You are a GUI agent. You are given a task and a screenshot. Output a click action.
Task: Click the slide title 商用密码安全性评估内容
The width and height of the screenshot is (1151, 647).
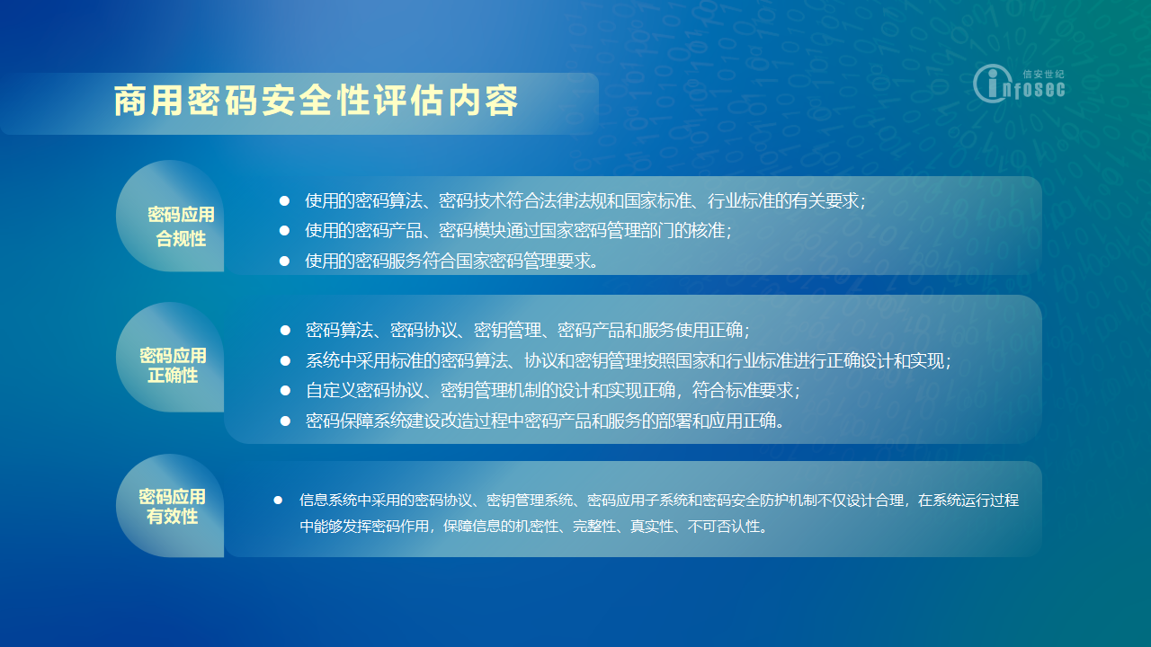pyautogui.click(x=316, y=101)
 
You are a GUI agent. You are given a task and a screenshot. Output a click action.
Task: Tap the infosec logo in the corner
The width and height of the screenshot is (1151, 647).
pyautogui.click(x=1019, y=84)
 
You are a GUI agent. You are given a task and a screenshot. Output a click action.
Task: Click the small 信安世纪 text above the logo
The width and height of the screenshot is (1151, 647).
pyautogui.click(x=1043, y=75)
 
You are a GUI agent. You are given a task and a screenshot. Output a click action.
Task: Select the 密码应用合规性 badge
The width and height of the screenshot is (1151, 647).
pyautogui.click(x=170, y=217)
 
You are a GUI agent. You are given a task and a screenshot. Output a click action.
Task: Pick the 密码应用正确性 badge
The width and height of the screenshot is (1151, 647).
pyautogui.click(x=170, y=358)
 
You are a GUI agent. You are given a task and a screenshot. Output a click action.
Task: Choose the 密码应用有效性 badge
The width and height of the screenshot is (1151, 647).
pyautogui.click(x=170, y=506)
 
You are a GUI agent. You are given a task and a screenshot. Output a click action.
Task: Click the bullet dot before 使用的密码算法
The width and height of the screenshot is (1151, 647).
pyautogui.click(x=284, y=200)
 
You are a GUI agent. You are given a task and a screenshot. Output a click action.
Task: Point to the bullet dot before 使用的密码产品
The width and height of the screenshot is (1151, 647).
pyautogui.click(x=284, y=231)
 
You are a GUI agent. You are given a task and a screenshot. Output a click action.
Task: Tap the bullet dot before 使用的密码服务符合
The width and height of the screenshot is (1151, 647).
pyautogui.click(x=284, y=261)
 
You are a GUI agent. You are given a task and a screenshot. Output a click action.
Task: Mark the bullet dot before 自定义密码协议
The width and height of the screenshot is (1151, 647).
pyautogui.click(x=285, y=391)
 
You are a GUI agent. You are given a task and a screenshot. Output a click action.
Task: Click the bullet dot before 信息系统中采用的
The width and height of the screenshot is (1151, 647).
pyautogui.click(x=278, y=501)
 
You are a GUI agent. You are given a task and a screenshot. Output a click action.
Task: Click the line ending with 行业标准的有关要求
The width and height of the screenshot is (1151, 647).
pyautogui.click(x=584, y=200)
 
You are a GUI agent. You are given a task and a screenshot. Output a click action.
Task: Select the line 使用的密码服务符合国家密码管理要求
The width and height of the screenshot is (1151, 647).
pyautogui.click(x=451, y=261)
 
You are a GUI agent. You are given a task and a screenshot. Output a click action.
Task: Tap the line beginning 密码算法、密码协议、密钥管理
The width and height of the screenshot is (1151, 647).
pyautogui.click(x=527, y=330)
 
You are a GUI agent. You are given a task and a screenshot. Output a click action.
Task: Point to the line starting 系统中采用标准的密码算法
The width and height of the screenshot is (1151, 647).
pyautogui.click(x=628, y=361)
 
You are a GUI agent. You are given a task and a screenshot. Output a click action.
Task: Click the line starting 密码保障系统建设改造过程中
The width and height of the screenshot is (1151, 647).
pyautogui.click(x=545, y=421)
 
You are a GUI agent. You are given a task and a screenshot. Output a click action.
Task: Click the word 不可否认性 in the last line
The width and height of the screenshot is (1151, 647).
pyautogui.click(x=723, y=527)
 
